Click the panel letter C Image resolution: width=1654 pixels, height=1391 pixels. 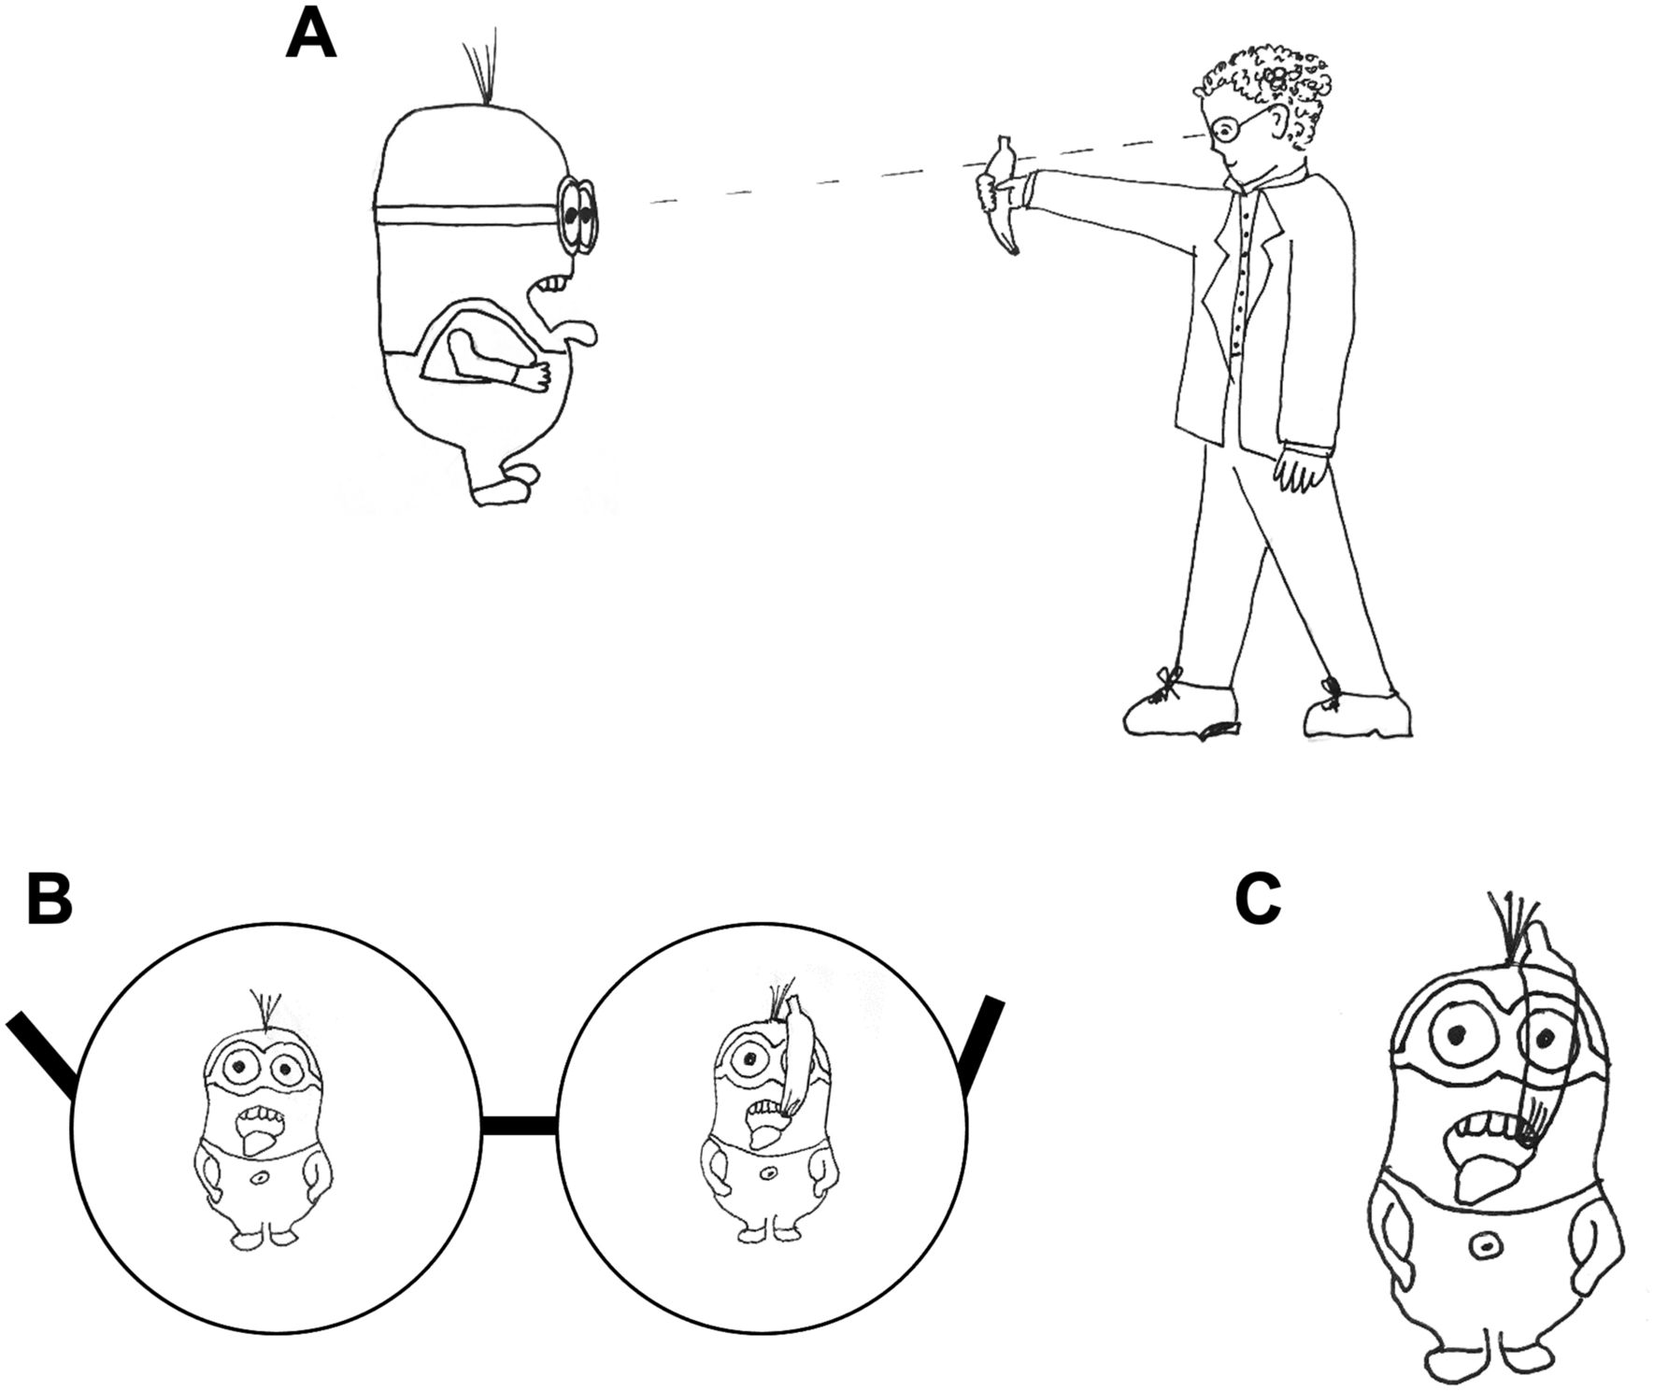[x=1258, y=901]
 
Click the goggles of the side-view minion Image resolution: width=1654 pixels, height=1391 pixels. [x=577, y=214]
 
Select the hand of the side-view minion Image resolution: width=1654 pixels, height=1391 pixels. [x=538, y=374]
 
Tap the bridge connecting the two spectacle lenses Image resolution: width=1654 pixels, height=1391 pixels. [x=520, y=1126]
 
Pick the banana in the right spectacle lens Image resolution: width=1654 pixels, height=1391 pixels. [x=796, y=1056]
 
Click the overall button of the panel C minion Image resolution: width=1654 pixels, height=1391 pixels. [x=1483, y=1245]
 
